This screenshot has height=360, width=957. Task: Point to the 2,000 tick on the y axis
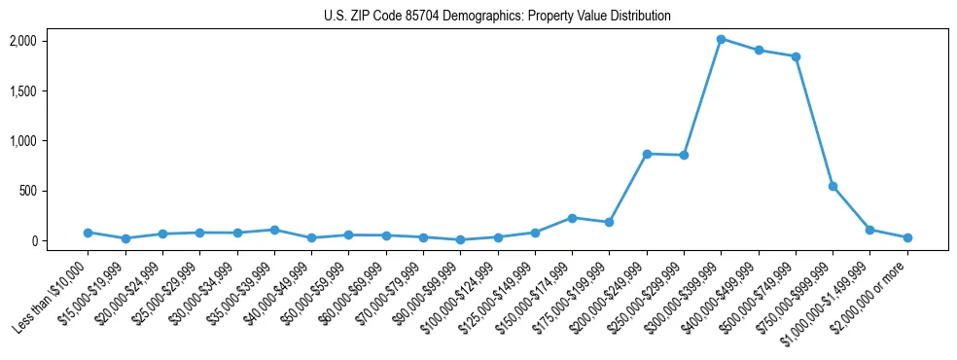coord(50,41)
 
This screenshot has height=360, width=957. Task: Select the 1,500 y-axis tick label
coord(50,90)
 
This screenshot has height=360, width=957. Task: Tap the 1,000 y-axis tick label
coord(50,141)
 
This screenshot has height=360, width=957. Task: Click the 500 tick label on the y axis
coord(56,191)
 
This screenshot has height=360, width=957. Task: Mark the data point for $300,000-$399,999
coord(722,39)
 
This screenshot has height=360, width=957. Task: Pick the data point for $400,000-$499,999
coord(759,51)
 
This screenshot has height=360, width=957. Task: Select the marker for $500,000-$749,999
coord(796,56)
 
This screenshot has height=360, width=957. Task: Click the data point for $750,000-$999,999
coord(833,186)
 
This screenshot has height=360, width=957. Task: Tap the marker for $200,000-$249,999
coord(647,154)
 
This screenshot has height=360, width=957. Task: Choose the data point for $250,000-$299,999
coord(684,155)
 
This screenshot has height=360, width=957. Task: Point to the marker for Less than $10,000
coord(88,233)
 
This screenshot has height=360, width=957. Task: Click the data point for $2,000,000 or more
coord(907,237)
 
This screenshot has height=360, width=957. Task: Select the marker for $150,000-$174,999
coord(572,218)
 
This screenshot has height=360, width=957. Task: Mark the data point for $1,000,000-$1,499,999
coord(870,230)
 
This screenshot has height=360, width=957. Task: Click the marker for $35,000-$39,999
coord(274,230)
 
